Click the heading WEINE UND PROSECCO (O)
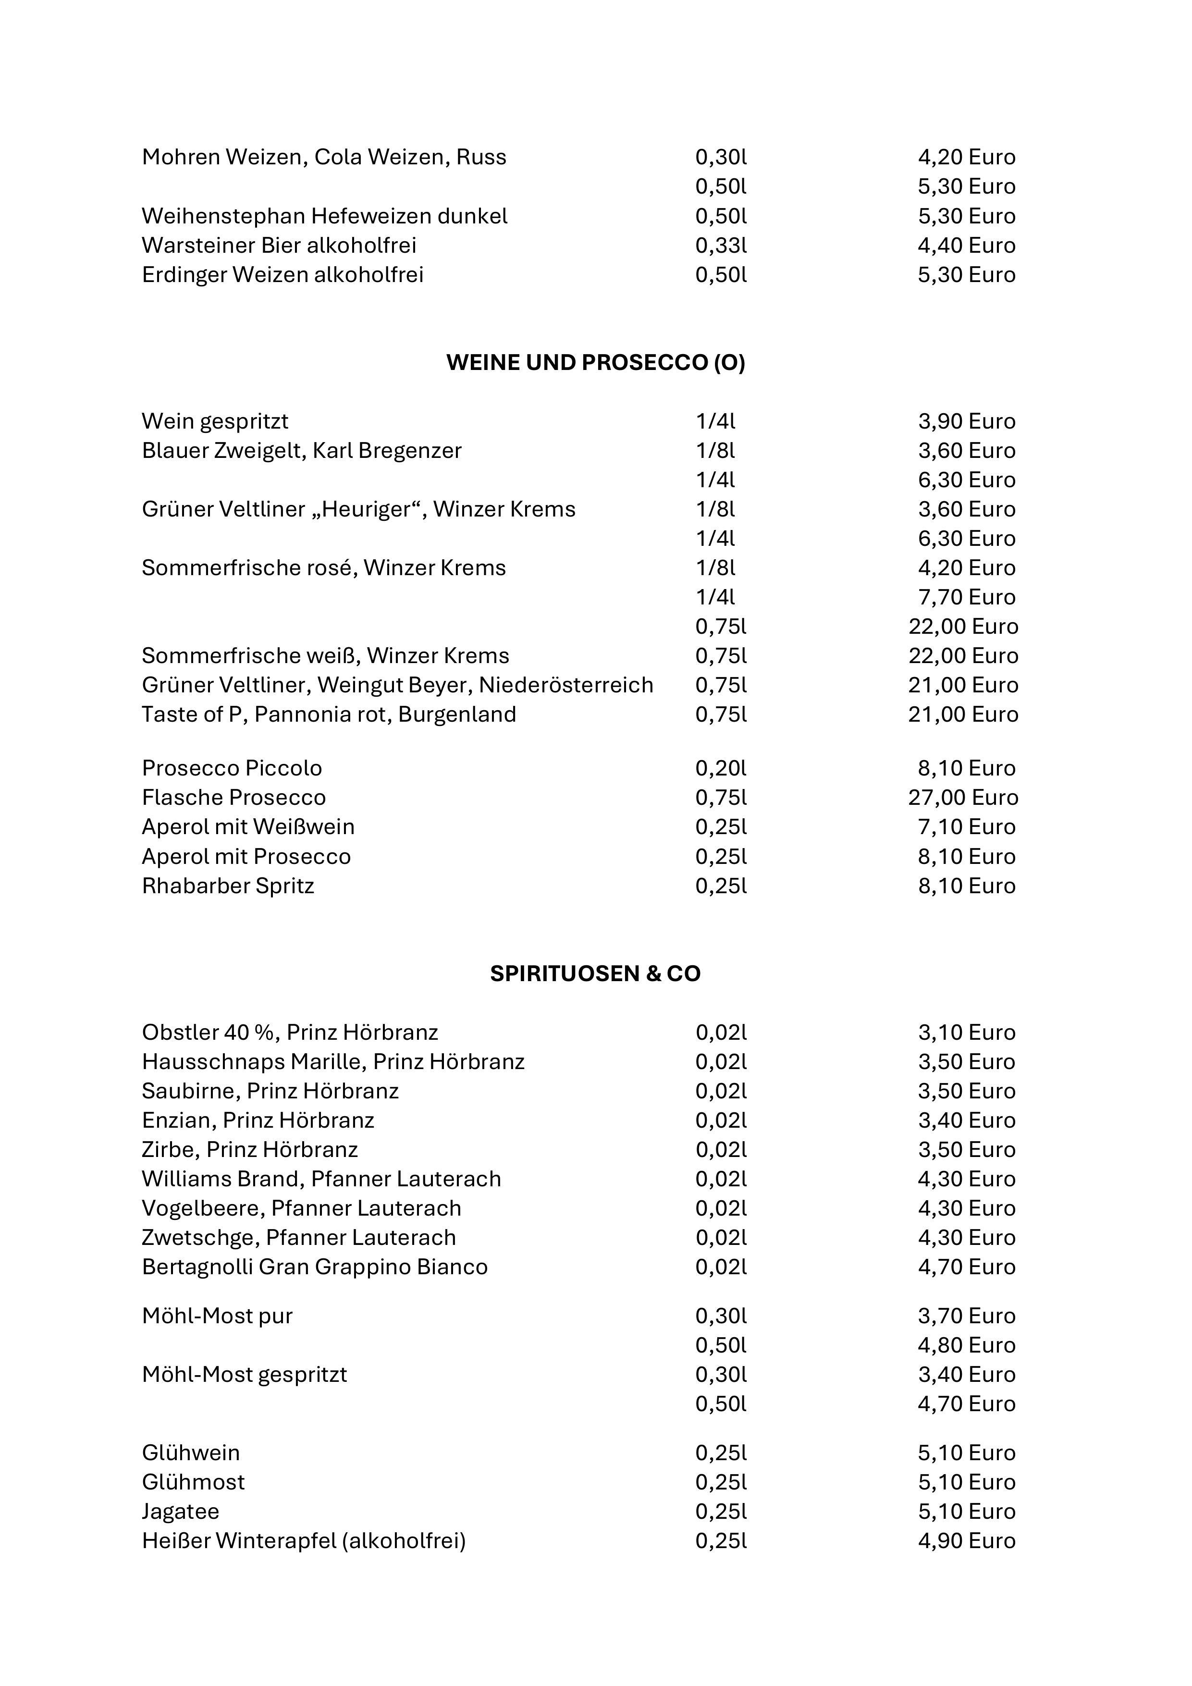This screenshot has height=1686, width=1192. coord(596,363)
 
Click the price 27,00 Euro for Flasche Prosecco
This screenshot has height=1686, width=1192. coord(963,798)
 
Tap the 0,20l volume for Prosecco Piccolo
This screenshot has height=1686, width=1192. coord(721,768)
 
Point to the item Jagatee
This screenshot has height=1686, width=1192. coord(180,1511)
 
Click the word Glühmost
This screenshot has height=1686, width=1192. coord(193,1482)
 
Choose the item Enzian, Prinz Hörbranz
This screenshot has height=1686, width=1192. coord(258,1120)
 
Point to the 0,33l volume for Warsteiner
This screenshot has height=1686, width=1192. coord(721,245)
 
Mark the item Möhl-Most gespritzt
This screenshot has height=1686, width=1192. coord(244,1375)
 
